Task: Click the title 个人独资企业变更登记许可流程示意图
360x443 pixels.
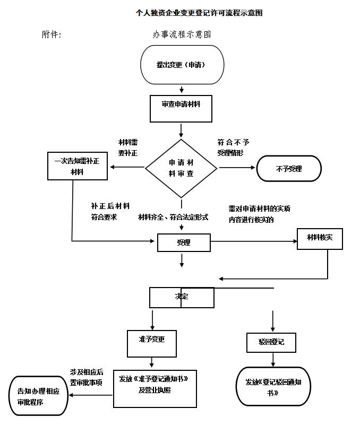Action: click(x=199, y=13)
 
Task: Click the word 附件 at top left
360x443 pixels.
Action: click(x=52, y=34)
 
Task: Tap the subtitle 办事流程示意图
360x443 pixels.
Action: click(x=182, y=34)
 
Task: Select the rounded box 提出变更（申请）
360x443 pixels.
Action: click(x=181, y=65)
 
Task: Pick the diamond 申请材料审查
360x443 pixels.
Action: click(x=181, y=168)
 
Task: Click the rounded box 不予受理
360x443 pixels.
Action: click(x=289, y=169)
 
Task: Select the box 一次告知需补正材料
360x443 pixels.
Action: click(x=77, y=166)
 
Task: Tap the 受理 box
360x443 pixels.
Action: click(x=184, y=242)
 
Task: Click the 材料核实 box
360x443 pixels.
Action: click(x=320, y=238)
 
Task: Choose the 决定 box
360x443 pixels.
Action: click(x=182, y=297)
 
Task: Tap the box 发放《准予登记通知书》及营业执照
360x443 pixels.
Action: click(x=155, y=388)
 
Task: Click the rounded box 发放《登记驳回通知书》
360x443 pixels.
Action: click(x=273, y=386)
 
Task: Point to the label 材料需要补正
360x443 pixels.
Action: click(x=128, y=147)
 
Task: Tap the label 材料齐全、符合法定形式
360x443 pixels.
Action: click(x=173, y=217)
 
